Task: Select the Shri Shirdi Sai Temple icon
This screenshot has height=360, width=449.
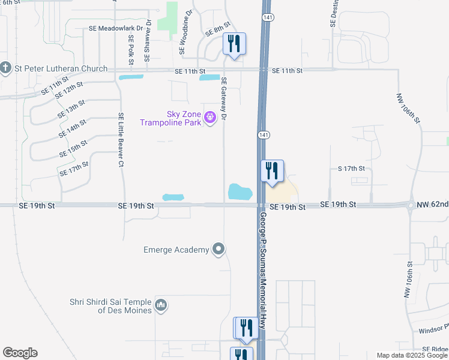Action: tap(161, 306)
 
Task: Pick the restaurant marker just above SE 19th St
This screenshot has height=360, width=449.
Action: tap(271, 171)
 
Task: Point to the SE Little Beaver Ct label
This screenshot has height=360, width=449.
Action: tap(121, 140)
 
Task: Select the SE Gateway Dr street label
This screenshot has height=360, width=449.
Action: tap(224, 99)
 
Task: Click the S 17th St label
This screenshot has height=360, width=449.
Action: tap(351, 169)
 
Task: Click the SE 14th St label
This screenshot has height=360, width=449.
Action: tap(73, 127)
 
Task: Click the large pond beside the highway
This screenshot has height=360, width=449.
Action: tap(240, 192)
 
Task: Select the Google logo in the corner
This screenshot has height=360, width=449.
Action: tap(20, 353)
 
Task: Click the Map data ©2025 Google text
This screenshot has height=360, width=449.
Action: tap(412, 355)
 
